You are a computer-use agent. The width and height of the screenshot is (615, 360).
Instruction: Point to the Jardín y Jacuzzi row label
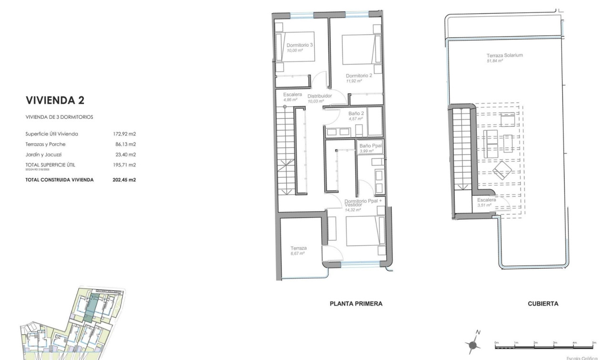43,154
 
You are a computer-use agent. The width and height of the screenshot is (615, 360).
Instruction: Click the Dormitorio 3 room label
299,45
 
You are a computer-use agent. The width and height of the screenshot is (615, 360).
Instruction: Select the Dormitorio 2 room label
359,75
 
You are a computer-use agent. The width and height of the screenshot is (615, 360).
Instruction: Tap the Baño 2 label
357,113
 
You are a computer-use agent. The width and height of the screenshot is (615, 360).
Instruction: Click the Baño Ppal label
370,146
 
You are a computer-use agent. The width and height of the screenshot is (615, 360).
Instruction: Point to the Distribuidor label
319,96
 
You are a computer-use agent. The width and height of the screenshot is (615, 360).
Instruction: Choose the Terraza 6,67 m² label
298,248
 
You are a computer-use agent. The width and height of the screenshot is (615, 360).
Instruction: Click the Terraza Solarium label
504,55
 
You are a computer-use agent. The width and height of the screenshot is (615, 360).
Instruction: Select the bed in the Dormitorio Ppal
365,231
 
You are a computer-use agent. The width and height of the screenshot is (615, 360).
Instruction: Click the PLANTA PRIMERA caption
356,304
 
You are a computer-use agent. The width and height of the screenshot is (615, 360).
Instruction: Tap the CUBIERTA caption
543,304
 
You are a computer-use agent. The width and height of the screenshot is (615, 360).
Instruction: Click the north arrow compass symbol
473,344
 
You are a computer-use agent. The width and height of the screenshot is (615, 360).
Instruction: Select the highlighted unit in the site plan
91,308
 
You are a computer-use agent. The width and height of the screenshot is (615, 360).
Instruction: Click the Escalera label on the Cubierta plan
486,200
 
